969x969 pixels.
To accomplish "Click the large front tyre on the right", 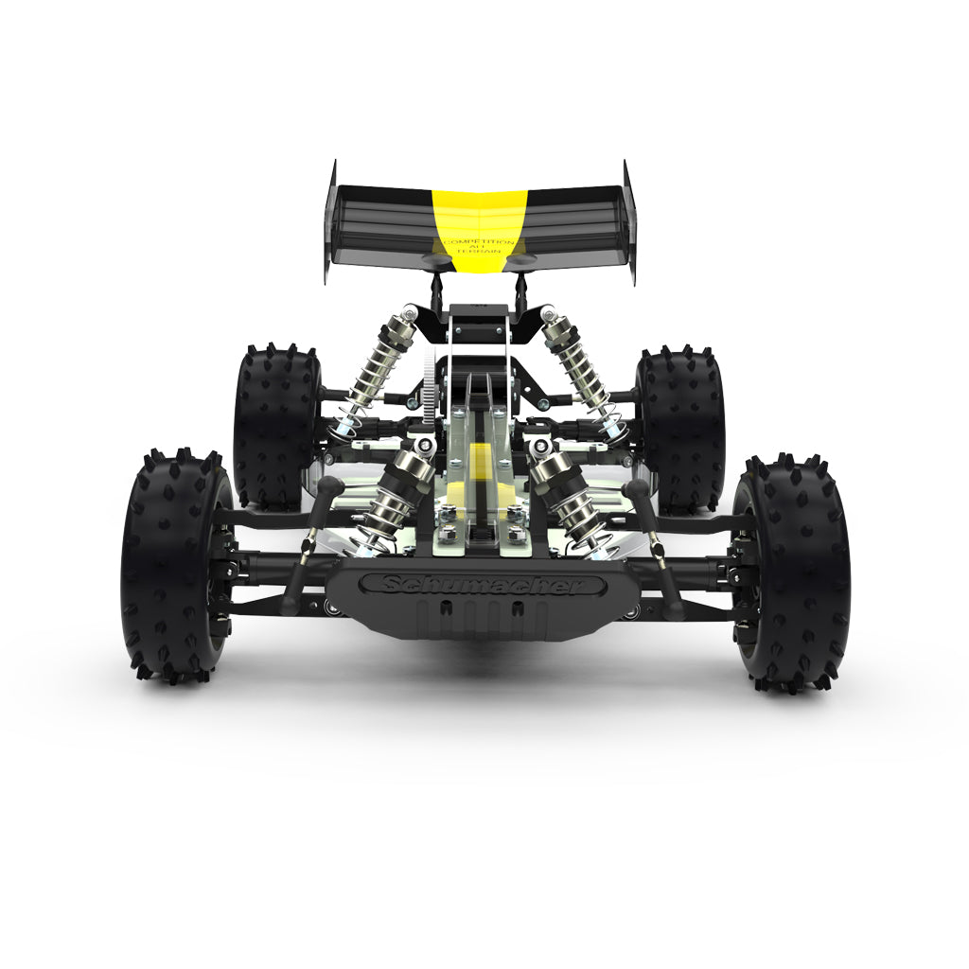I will (793, 573).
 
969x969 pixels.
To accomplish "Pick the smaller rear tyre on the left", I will (274, 426).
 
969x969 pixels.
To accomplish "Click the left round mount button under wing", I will (440, 255).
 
